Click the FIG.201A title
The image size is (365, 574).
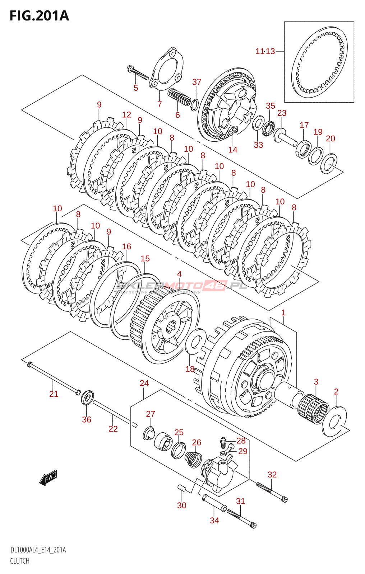click(39, 16)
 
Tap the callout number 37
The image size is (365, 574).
click(197, 82)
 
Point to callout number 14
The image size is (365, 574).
click(233, 150)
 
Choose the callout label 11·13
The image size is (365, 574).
click(265, 51)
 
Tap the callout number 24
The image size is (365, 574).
click(144, 384)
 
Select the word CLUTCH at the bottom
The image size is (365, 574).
click(20, 561)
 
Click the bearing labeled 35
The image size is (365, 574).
click(268, 128)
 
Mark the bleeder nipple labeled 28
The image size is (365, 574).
click(223, 442)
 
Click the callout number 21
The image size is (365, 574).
click(54, 394)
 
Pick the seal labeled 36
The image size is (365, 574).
click(87, 397)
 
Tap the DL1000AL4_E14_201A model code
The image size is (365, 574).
click(38, 550)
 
